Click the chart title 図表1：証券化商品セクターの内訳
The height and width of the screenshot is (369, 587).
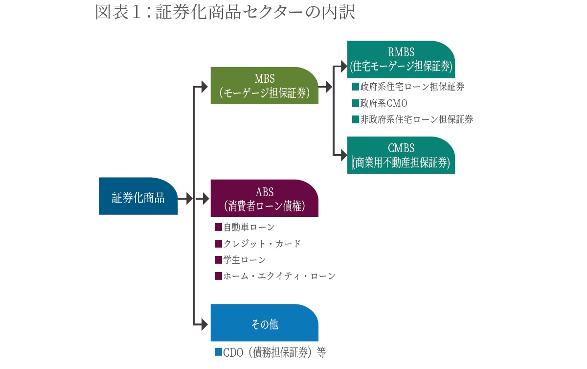(x=225, y=12)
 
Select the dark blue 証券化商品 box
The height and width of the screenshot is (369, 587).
(x=138, y=196)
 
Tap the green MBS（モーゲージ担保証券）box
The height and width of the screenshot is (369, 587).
(x=264, y=86)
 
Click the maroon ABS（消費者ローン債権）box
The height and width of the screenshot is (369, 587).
(x=264, y=198)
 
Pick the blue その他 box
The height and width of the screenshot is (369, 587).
(x=264, y=323)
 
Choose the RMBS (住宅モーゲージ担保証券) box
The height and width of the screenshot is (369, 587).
(x=401, y=59)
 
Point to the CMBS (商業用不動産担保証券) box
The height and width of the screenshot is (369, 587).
(x=401, y=155)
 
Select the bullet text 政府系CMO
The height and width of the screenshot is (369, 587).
(x=384, y=103)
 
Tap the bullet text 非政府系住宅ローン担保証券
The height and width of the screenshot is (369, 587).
(x=416, y=119)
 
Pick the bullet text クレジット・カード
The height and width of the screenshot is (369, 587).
(x=262, y=243)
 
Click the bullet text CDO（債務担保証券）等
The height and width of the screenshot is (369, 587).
(x=274, y=352)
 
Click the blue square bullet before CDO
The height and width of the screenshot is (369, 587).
(x=219, y=352)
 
